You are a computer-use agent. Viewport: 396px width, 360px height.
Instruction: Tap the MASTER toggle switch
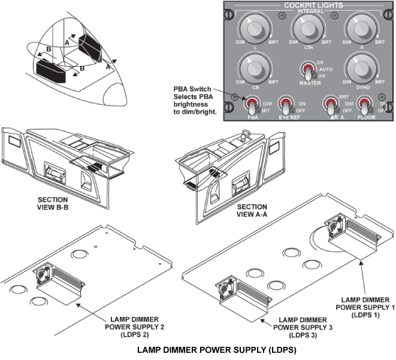[308, 72]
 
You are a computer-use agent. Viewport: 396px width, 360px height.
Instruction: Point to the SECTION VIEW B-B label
[52, 204]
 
